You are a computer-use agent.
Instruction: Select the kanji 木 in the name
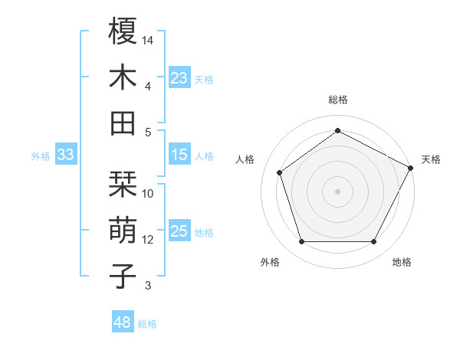click(123, 78)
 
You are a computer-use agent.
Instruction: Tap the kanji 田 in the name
click(123, 123)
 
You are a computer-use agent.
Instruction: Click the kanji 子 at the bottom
click(123, 276)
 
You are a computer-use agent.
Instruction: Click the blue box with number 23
click(179, 78)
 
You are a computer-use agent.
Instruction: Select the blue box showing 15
click(179, 155)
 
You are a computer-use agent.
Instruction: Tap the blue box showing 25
click(179, 232)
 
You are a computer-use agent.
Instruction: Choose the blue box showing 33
click(65, 155)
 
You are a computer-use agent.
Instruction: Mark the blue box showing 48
click(123, 322)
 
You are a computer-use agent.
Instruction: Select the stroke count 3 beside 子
click(148, 286)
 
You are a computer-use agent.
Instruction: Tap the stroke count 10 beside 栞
click(148, 194)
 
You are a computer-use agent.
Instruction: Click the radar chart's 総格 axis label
click(338, 100)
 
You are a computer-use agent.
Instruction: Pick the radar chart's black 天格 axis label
click(432, 159)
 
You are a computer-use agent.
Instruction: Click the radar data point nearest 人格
click(280, 172)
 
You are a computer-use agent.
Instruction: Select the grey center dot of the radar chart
click(337, 191)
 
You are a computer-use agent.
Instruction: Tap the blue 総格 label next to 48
click(148, 324)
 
